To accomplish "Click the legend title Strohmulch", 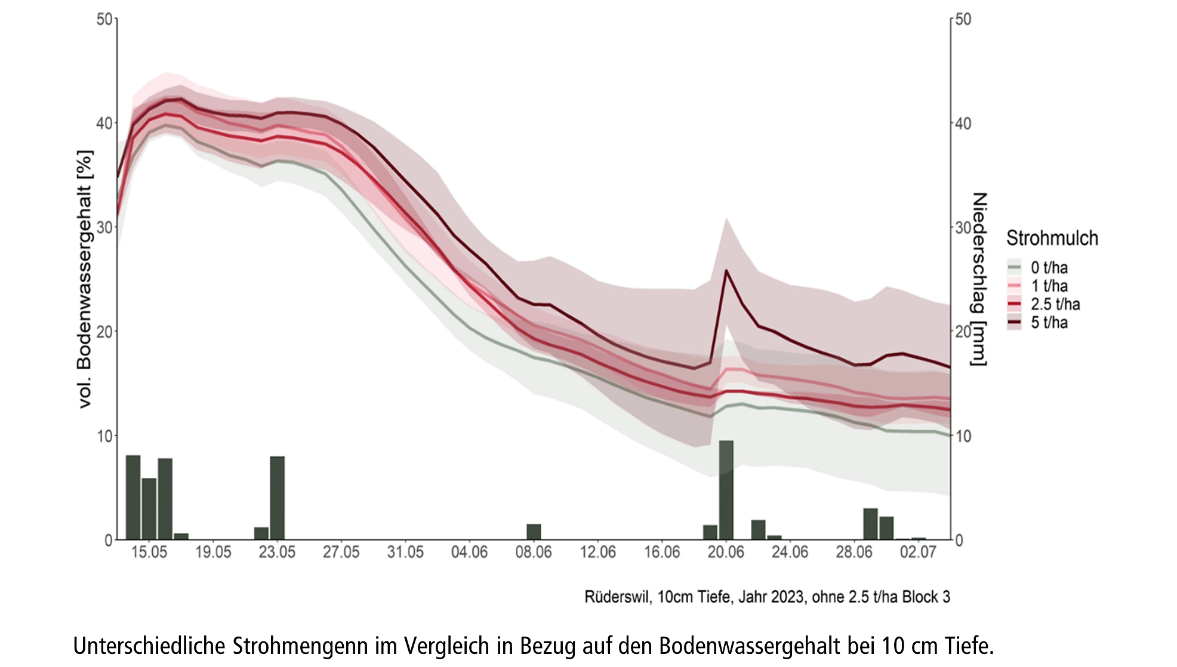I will tap(1052, 238).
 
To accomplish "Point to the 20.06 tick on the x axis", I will tap(726, 552).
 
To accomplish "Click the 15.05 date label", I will tap(149, 552).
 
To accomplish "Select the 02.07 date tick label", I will tap(918, 552).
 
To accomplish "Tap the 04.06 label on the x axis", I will tap(469, 552).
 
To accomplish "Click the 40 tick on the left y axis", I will tap(105, 123).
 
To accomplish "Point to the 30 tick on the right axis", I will tap(963, 227).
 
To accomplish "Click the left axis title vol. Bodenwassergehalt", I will tap(85, 279).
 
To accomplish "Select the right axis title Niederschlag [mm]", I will tap(979, 279).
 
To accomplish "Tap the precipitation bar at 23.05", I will tap(278, 498).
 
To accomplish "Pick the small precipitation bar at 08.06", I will tap(534, 532).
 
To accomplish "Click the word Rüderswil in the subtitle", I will tap(618, 597).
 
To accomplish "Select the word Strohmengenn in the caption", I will tap(300, 646).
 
